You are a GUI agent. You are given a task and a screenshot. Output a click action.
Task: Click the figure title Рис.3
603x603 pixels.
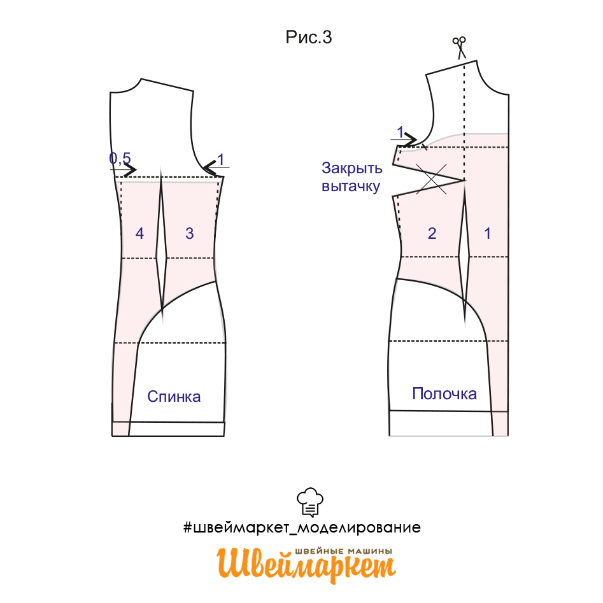point(308,38)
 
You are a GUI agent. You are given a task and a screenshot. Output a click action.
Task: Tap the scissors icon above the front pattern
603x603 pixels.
point(460,47)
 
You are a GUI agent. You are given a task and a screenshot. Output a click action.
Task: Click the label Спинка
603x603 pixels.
point(174,397)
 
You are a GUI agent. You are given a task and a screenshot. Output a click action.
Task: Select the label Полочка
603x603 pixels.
point(444,394)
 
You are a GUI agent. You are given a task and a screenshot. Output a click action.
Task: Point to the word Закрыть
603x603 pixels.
point(352,169)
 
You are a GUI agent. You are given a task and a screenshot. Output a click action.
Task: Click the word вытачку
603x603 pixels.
point(351,187)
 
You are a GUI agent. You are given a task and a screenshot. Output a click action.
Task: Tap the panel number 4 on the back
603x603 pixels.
point(139,234)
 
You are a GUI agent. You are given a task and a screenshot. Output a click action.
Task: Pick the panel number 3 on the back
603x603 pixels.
point(190,234)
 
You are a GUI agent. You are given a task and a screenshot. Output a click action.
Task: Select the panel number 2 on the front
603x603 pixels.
point(432,234)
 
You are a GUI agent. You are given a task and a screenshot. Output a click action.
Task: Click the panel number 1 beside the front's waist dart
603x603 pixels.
point(487,234)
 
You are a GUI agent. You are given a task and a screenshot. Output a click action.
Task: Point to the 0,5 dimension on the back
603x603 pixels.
point(120,158)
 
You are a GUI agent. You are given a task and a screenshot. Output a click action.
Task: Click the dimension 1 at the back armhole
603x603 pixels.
point(221,159)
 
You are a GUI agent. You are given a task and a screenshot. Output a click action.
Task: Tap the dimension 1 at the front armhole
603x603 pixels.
point(401,132)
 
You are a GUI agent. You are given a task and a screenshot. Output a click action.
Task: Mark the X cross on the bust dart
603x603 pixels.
point(432,179)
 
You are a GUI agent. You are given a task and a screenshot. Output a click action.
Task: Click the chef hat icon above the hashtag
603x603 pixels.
point(310,502)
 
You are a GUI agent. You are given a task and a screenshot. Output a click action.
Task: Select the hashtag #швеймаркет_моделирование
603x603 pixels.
point(302,528)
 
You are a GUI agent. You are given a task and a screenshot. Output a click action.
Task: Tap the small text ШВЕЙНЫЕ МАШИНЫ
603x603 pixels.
point(344,551)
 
